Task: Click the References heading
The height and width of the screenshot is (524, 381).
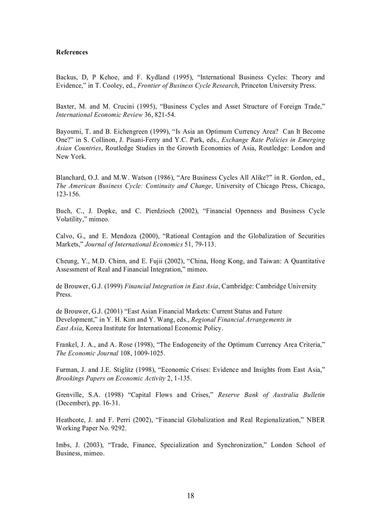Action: pos(72,52)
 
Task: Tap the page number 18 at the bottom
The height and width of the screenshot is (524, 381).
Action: pos(190,496)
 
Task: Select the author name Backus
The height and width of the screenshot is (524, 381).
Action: pos(66,77)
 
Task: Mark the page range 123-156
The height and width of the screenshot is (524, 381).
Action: pos(68,195)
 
